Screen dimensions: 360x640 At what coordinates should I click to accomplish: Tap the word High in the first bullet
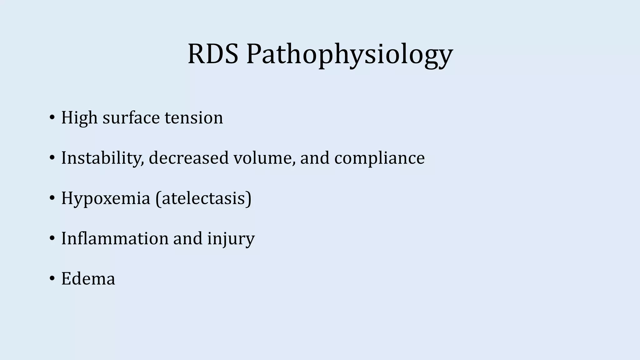pos(79,118)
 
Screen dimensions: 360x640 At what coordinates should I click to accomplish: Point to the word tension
pos(194,118)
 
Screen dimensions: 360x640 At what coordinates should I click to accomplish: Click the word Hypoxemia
pos(106,198)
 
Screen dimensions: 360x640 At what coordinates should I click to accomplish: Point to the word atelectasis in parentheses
pos(203,198)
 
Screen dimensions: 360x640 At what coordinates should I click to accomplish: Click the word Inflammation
pos(114,238)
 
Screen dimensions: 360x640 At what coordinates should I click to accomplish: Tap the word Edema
pos(88,278)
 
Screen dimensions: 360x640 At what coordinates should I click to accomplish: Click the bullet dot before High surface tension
pos(52,118)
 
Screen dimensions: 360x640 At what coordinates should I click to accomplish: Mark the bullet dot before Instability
pos(52,158)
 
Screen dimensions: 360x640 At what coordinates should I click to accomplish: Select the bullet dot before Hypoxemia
pos(52,198)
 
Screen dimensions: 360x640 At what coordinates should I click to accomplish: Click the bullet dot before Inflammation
pos(52,238)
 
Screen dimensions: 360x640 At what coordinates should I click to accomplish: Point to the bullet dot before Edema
pos(52,278)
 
